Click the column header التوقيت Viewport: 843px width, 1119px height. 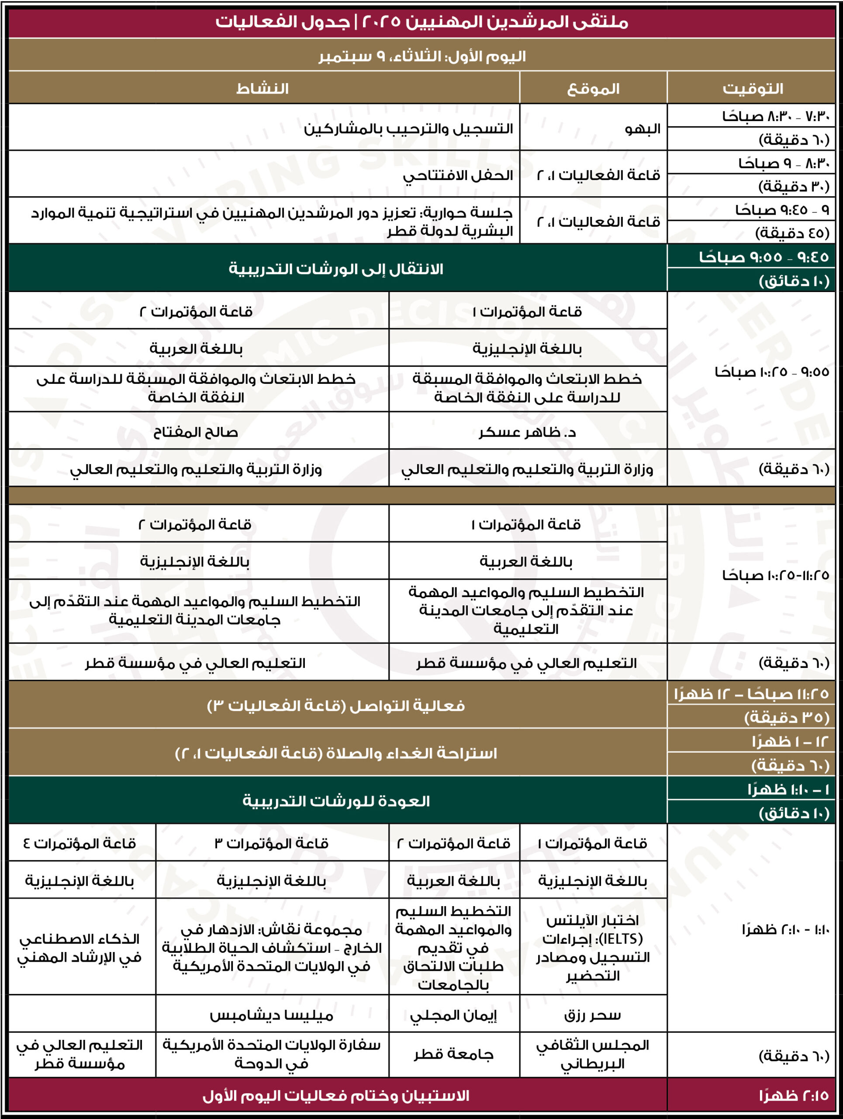point(752,89)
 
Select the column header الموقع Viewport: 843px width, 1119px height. point(593,89)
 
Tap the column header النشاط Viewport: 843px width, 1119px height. point(263,89)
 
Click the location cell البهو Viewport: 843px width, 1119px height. point(643,129)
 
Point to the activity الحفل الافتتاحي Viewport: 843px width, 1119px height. point(457,175)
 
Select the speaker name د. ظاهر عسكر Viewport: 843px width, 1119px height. point(527,432)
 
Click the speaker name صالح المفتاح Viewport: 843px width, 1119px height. point(196,432)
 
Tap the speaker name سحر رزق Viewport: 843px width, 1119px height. point(592,1015)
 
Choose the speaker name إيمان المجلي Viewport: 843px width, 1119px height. point(453,1015)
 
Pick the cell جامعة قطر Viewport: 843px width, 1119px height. point(453,1054)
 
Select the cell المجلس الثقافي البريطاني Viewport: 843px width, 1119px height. point(592,1054)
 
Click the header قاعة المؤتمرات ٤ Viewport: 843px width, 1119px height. point(80,843)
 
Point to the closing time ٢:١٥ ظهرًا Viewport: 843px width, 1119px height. point(794,1096)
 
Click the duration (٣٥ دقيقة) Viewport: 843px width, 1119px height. point(786,717)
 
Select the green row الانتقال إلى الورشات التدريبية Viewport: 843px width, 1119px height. point(336,269)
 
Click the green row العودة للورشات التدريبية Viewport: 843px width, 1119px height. point(336,801)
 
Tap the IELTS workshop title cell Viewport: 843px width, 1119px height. point(592,948)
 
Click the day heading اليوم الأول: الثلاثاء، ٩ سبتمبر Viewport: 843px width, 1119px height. point(422,56)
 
